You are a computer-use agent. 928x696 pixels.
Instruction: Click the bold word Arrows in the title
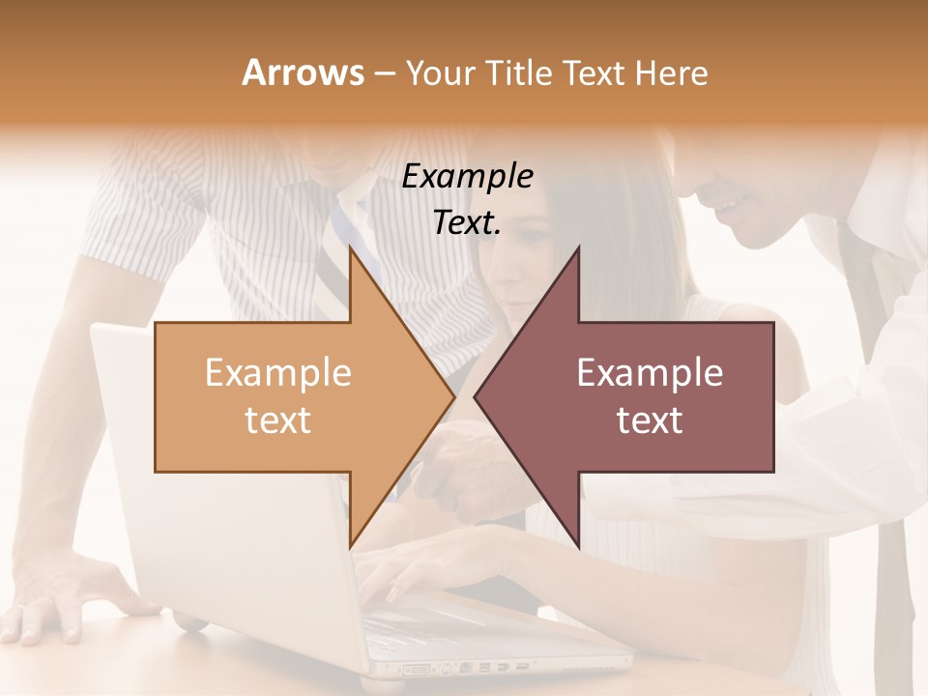coord(303,73)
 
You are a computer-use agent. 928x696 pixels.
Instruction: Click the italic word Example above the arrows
coord(468,176)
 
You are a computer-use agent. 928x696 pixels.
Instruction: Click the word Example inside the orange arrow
coord(278,373)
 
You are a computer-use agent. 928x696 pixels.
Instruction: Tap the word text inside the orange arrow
coord(278,420)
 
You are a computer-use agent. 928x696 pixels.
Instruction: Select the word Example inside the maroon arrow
coord(650,373)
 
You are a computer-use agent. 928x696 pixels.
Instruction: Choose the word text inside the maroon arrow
coord(650,420)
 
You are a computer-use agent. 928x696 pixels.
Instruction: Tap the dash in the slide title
coord(384,74)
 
